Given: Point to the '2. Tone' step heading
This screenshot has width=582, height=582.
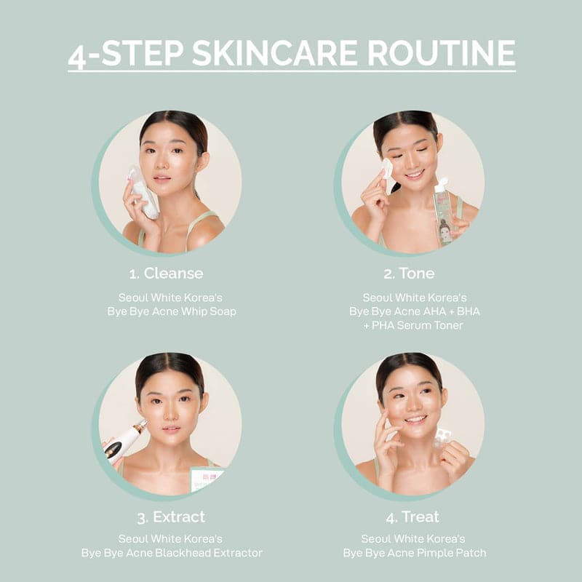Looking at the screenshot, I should (x=409, y=274).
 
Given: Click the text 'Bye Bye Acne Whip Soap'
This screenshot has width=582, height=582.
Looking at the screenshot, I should (x=172, y=311).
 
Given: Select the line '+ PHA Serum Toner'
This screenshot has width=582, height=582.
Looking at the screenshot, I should (x=412, y=325).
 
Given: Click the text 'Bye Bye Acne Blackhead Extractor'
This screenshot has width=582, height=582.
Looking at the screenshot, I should (x=172, y=553).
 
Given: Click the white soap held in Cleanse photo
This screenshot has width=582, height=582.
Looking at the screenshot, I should (x=145, y=193).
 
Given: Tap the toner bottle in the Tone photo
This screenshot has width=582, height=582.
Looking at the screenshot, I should (x=443, y=212).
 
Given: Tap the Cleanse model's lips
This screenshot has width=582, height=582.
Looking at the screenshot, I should (x=162, y=177).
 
